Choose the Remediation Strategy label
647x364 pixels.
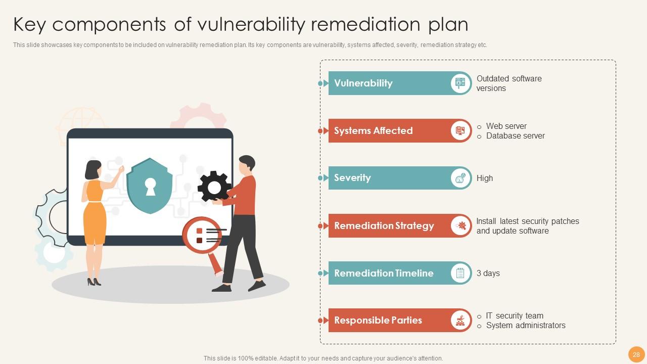384,226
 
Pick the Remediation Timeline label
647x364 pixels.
384,274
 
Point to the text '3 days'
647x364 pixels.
488,274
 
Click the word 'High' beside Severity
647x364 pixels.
484,178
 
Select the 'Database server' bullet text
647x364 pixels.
515,136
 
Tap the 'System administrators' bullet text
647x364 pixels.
526,326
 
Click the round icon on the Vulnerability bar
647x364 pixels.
460,83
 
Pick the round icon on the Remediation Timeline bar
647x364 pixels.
460,274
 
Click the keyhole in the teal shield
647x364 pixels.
150,186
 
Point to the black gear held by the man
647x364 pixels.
214,187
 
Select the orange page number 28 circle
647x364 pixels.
636,354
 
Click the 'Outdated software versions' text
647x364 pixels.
509,83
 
